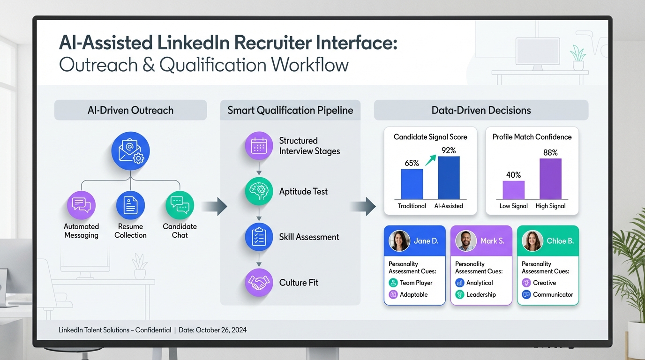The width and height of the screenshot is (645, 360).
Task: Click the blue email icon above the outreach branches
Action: (130, 151)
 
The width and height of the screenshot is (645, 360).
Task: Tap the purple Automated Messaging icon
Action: (81, 205)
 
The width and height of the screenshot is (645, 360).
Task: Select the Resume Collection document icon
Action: (130, 205)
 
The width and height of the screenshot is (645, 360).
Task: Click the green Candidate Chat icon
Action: (180, 205)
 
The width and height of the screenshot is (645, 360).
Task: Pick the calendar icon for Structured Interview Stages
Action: (259, 146)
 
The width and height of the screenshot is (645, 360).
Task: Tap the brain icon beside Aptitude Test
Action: (259, 191)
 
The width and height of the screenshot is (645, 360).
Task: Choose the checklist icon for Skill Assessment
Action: (259, 237)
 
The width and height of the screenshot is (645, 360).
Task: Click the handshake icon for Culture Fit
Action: (259, 283)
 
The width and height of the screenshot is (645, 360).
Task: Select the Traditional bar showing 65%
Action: (412, 184)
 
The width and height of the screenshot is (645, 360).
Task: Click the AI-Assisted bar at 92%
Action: (449, 178)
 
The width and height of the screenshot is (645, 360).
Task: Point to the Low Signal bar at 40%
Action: (514, 190)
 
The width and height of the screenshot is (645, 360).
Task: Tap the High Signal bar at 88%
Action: (551, 179)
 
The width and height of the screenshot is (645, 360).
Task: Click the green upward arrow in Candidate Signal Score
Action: (431, 160)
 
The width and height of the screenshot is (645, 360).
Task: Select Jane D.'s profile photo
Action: (399, 241)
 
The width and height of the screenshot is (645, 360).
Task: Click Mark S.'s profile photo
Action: (466, 241)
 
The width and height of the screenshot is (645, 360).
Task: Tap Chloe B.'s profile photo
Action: (532, 241)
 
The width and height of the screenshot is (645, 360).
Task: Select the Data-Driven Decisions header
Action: (481, 110)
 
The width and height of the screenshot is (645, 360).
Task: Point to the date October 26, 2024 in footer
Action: (221, 330)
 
